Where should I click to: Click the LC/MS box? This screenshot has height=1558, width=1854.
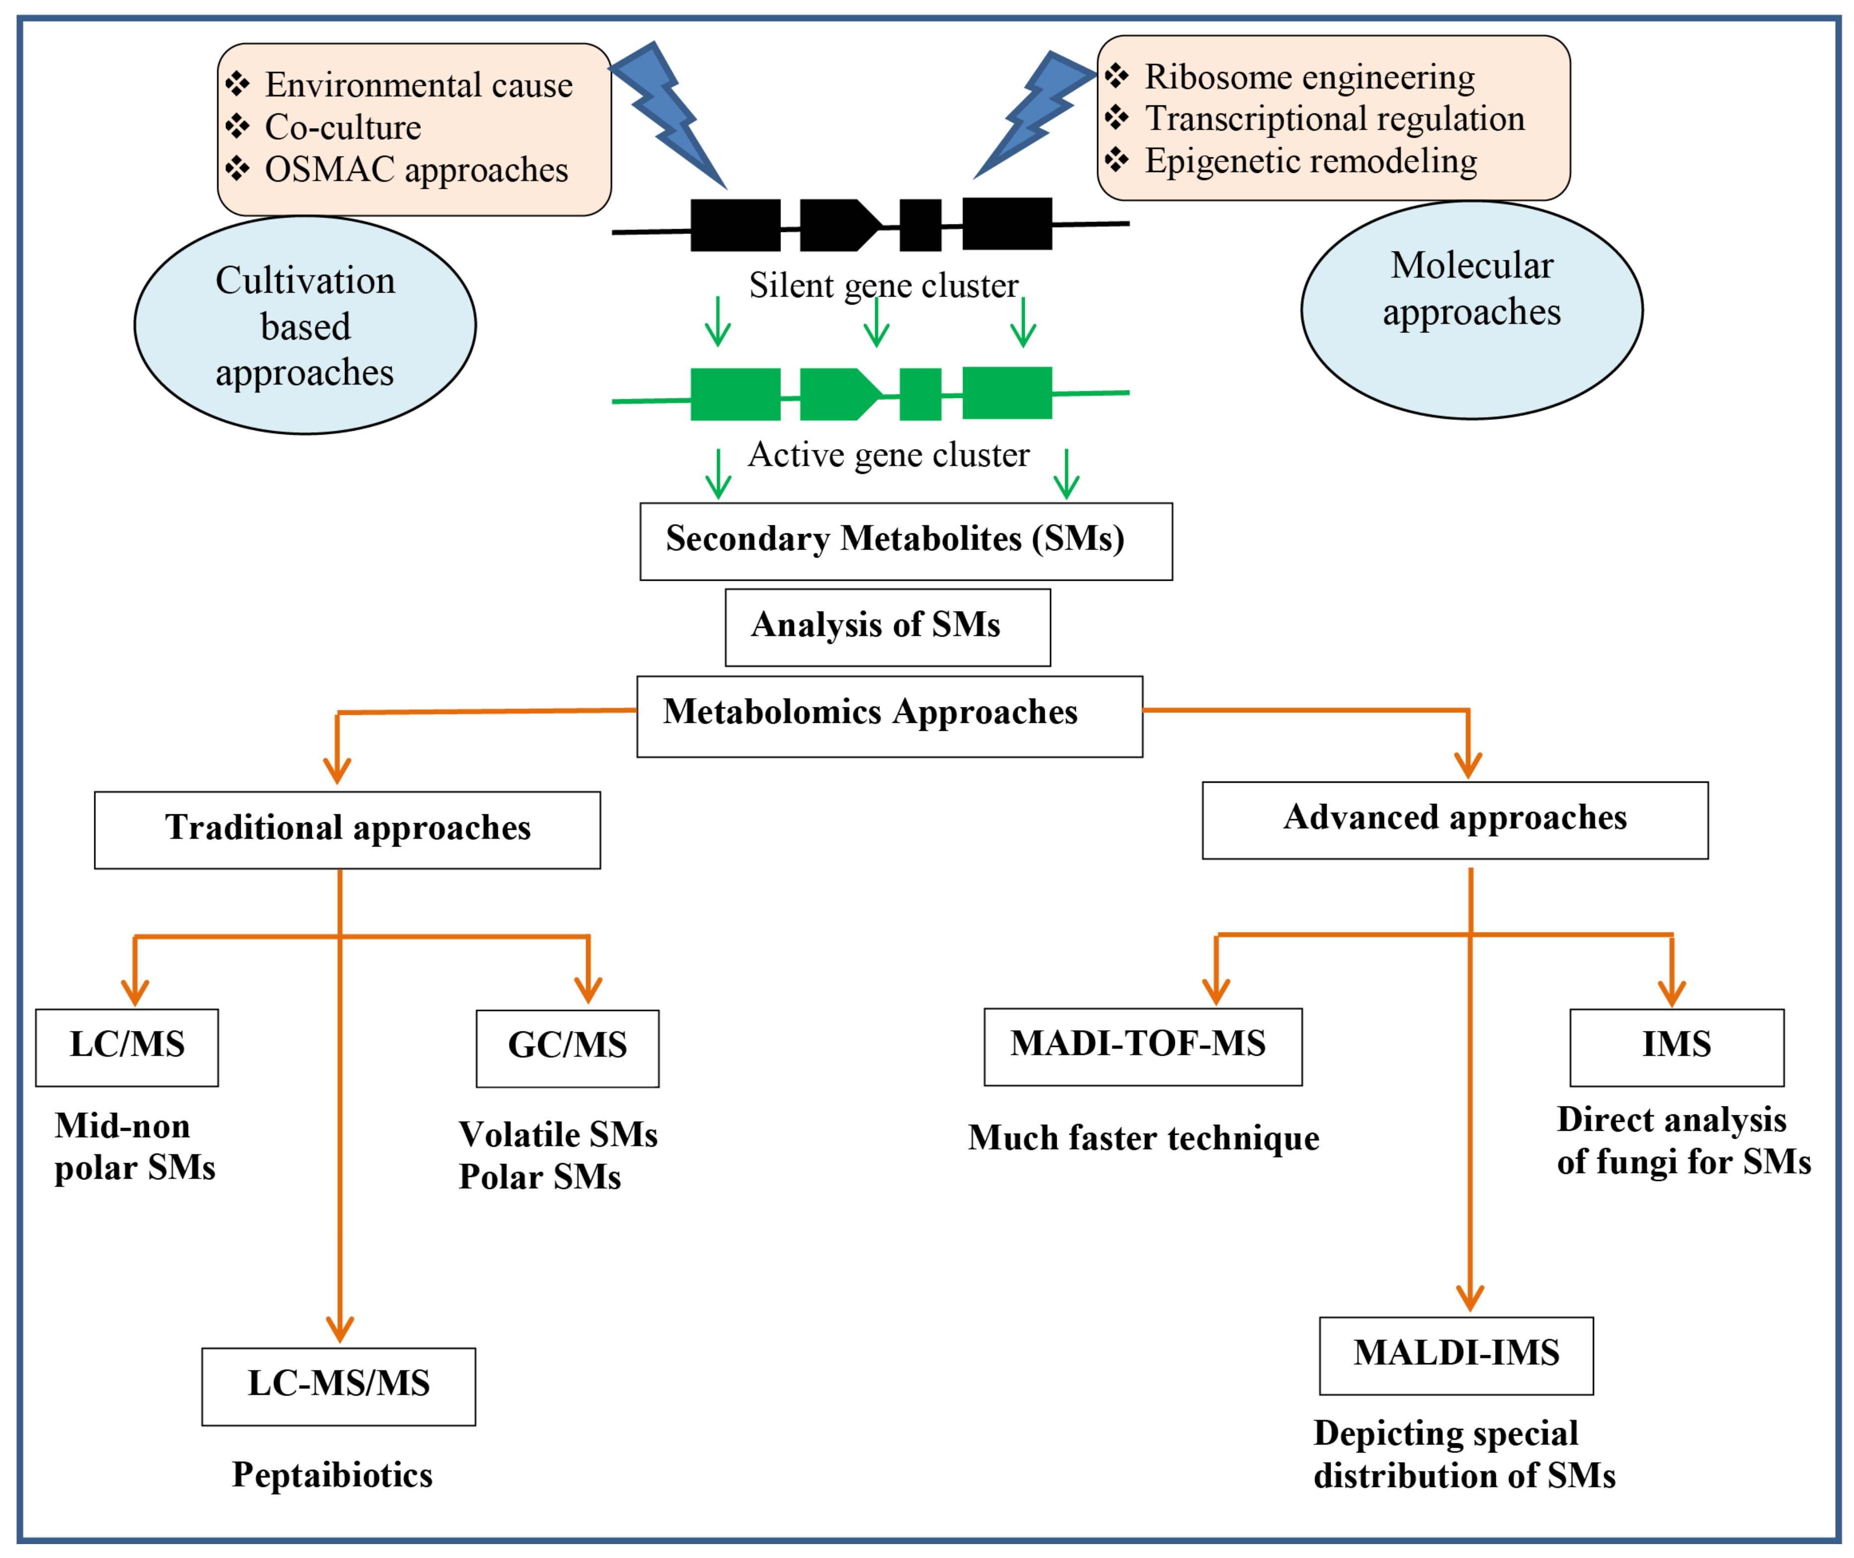127,1047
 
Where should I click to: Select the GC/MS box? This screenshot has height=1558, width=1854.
568,1048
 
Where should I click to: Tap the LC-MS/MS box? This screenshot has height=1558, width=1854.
339,1387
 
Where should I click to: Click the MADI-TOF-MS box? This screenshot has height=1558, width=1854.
1143,1047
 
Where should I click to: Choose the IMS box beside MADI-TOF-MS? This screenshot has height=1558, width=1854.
1677,1047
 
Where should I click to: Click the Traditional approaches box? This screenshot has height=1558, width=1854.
348,830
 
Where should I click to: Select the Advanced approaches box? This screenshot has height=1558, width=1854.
1456,821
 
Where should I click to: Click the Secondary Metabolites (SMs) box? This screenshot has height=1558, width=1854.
907,542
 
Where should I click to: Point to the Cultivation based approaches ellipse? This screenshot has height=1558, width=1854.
305,325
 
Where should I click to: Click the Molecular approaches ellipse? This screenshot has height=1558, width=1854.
1472,310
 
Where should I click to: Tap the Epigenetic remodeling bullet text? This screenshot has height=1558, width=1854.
1311,161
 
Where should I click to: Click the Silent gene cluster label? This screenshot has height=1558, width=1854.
884,285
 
